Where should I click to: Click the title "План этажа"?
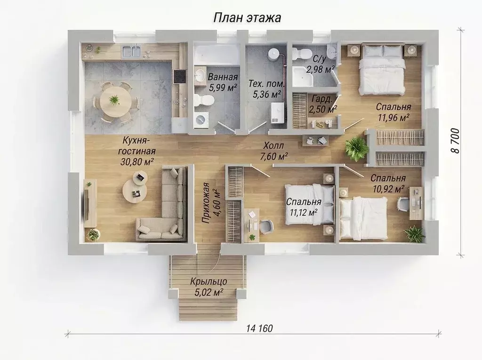(x=247, y=18)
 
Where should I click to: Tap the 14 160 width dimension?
(x=259, y=328)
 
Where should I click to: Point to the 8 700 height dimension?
(x=455, y=141)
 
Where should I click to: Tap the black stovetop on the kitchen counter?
(x=179, y=77)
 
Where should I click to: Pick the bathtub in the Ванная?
(x=217, y=55)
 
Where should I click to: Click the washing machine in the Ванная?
(x=201, y=120)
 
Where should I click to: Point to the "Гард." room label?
(x=322, y=99)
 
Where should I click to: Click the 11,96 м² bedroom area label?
(x=394, y=118)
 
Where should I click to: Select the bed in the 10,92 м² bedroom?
(x=364, y=218)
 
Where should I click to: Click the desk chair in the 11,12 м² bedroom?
(x=266, y=227)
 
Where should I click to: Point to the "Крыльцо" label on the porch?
(x=209, y=281)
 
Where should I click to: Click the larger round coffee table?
(x=135, y=191)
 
